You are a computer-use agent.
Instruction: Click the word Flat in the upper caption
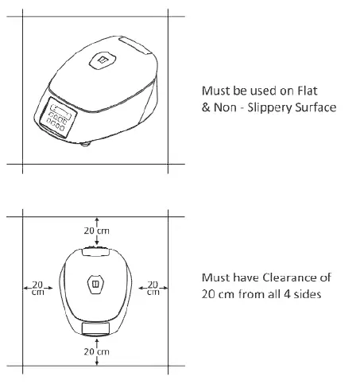click(x=308, y=91)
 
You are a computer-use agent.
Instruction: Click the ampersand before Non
click(x=206, y=107)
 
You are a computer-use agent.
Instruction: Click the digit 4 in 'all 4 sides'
click(x=287, y=294)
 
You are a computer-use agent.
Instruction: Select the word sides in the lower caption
click(x=308, y=294)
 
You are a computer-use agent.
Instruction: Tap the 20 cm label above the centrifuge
click(x=96, y=231)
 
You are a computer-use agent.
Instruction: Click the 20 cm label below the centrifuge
click(x=96, y=351)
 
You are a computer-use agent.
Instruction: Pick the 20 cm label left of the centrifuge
click(x=37, y=288)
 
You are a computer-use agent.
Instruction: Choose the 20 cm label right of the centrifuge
click(x=153, y=288)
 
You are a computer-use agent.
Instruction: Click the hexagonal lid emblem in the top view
click(x=95, y=284)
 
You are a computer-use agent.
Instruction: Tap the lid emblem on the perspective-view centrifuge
click(x=102, y=60)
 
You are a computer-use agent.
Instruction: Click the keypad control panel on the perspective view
click(x=58, y=118)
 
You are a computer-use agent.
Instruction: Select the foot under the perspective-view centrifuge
click(x=85, y=144)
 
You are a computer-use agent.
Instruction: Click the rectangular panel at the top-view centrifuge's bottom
click(x=95, y=328)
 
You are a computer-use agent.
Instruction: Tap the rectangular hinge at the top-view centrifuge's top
click(x=95, y=252)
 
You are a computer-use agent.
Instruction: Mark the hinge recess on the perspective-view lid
click(x=135, y=45)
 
